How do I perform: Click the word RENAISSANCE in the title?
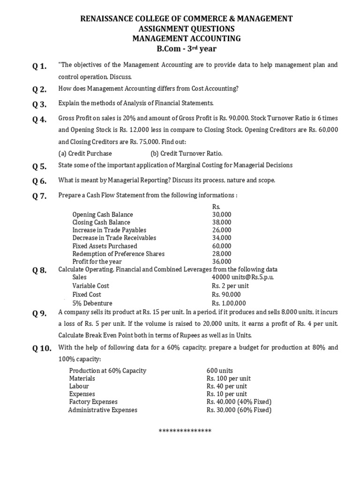pyautogui.click(x=104, y=19)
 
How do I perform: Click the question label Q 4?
pyautogui.click(x=39, y=120)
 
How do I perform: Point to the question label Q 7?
pyautogui.click(x=39, y=196)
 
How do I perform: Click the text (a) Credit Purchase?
pyautogui.click(x=85, y=153)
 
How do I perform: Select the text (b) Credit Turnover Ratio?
pyautogui.click(x=187, y=153)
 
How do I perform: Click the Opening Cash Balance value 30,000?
pyautogui.click(x=222, y=215)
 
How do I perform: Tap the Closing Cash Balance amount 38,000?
pyautogui.click(x=222, y=223)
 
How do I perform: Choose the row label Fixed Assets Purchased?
pyautogui.click(x=105, y=246)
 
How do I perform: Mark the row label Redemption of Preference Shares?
pyautogui.click(x=119, y=254)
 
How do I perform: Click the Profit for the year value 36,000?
pyautogui.click(x=222, y=262)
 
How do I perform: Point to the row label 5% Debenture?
pyautogui.click(x=92, y=303)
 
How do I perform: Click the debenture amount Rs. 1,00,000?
pyautogui.click(x=229, y=303)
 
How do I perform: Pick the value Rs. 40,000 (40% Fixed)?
pyautogui.click(x=239, y=402)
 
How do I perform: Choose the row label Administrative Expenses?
pyautogui.click(x=103, y=410)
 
